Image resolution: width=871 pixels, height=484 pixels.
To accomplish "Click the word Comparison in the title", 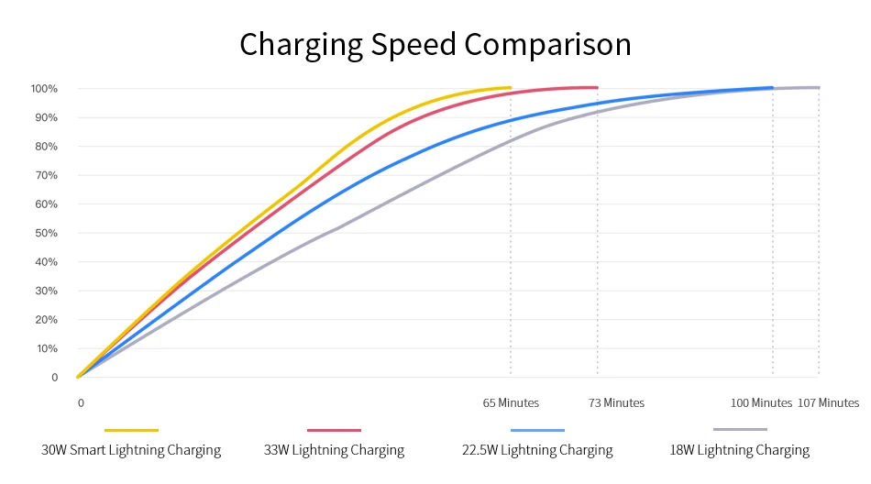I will (x=548, y=45).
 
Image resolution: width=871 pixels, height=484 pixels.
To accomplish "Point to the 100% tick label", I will (x=44, y=89).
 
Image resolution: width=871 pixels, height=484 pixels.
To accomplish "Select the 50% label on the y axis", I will (x=46, y=233).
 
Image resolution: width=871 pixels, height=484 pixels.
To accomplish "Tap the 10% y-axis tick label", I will (x=46, y=348).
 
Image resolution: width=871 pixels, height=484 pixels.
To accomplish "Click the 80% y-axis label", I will (x=46, y=147).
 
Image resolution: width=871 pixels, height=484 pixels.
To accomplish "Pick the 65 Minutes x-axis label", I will (x=511, y=403).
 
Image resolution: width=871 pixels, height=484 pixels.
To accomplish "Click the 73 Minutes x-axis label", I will (x=616, y=403).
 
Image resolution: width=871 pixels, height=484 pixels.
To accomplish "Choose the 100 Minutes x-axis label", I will (x=761, y=403).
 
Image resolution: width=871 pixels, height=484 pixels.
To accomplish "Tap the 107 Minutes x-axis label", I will (x=829, y=403).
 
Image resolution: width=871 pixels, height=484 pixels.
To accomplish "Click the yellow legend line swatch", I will (x=131, y=429).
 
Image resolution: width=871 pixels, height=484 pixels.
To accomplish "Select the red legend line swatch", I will (x=334, y=429).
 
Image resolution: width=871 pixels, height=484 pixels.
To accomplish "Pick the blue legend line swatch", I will (x=537, y=429).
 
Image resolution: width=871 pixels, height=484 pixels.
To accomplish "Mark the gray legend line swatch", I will (x=740, y=429).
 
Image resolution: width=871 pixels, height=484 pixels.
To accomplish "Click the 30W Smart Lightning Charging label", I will (x=131, y=450).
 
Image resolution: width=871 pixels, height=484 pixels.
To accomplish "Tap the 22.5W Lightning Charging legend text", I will (x=537, y=450).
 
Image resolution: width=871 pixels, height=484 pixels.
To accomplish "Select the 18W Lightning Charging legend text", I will (x=740, y=450).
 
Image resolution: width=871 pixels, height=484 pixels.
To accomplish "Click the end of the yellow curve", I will (x=510, y=88).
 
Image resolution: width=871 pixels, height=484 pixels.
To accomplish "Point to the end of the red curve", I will (x=597, y=88).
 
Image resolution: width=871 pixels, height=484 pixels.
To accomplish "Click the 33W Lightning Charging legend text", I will (x=334, y=450).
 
